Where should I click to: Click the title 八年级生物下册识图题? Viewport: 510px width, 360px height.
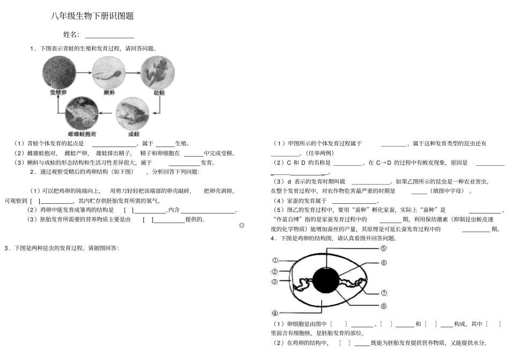tap(92, 16)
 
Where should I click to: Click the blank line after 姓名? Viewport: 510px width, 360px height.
tap(110, 36)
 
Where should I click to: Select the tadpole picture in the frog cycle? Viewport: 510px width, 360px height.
tap(108, 72)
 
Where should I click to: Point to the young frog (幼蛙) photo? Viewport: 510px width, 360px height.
tap(158, 72)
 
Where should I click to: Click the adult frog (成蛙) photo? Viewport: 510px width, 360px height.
tap(133, 113)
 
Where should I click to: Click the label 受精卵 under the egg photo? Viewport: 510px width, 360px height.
tap(58, 92)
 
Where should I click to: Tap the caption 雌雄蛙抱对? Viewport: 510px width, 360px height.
tap(82, 133)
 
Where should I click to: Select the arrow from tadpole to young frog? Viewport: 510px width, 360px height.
tap(134, 73)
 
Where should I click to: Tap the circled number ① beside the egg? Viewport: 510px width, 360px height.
tap(275, 260)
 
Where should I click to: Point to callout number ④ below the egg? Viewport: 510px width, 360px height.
tap(275, 313)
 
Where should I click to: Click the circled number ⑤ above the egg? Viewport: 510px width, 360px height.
tap(383, 248)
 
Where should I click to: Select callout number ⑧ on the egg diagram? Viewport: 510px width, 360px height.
tap(383, 306)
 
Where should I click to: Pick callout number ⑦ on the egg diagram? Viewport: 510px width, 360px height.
tap(383, 293)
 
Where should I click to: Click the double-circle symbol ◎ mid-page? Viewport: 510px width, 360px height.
tap(241, 226)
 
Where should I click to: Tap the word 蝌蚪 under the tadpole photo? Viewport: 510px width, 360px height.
tap(108, 92)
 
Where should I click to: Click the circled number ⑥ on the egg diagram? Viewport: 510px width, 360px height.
tap(383, 263)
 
